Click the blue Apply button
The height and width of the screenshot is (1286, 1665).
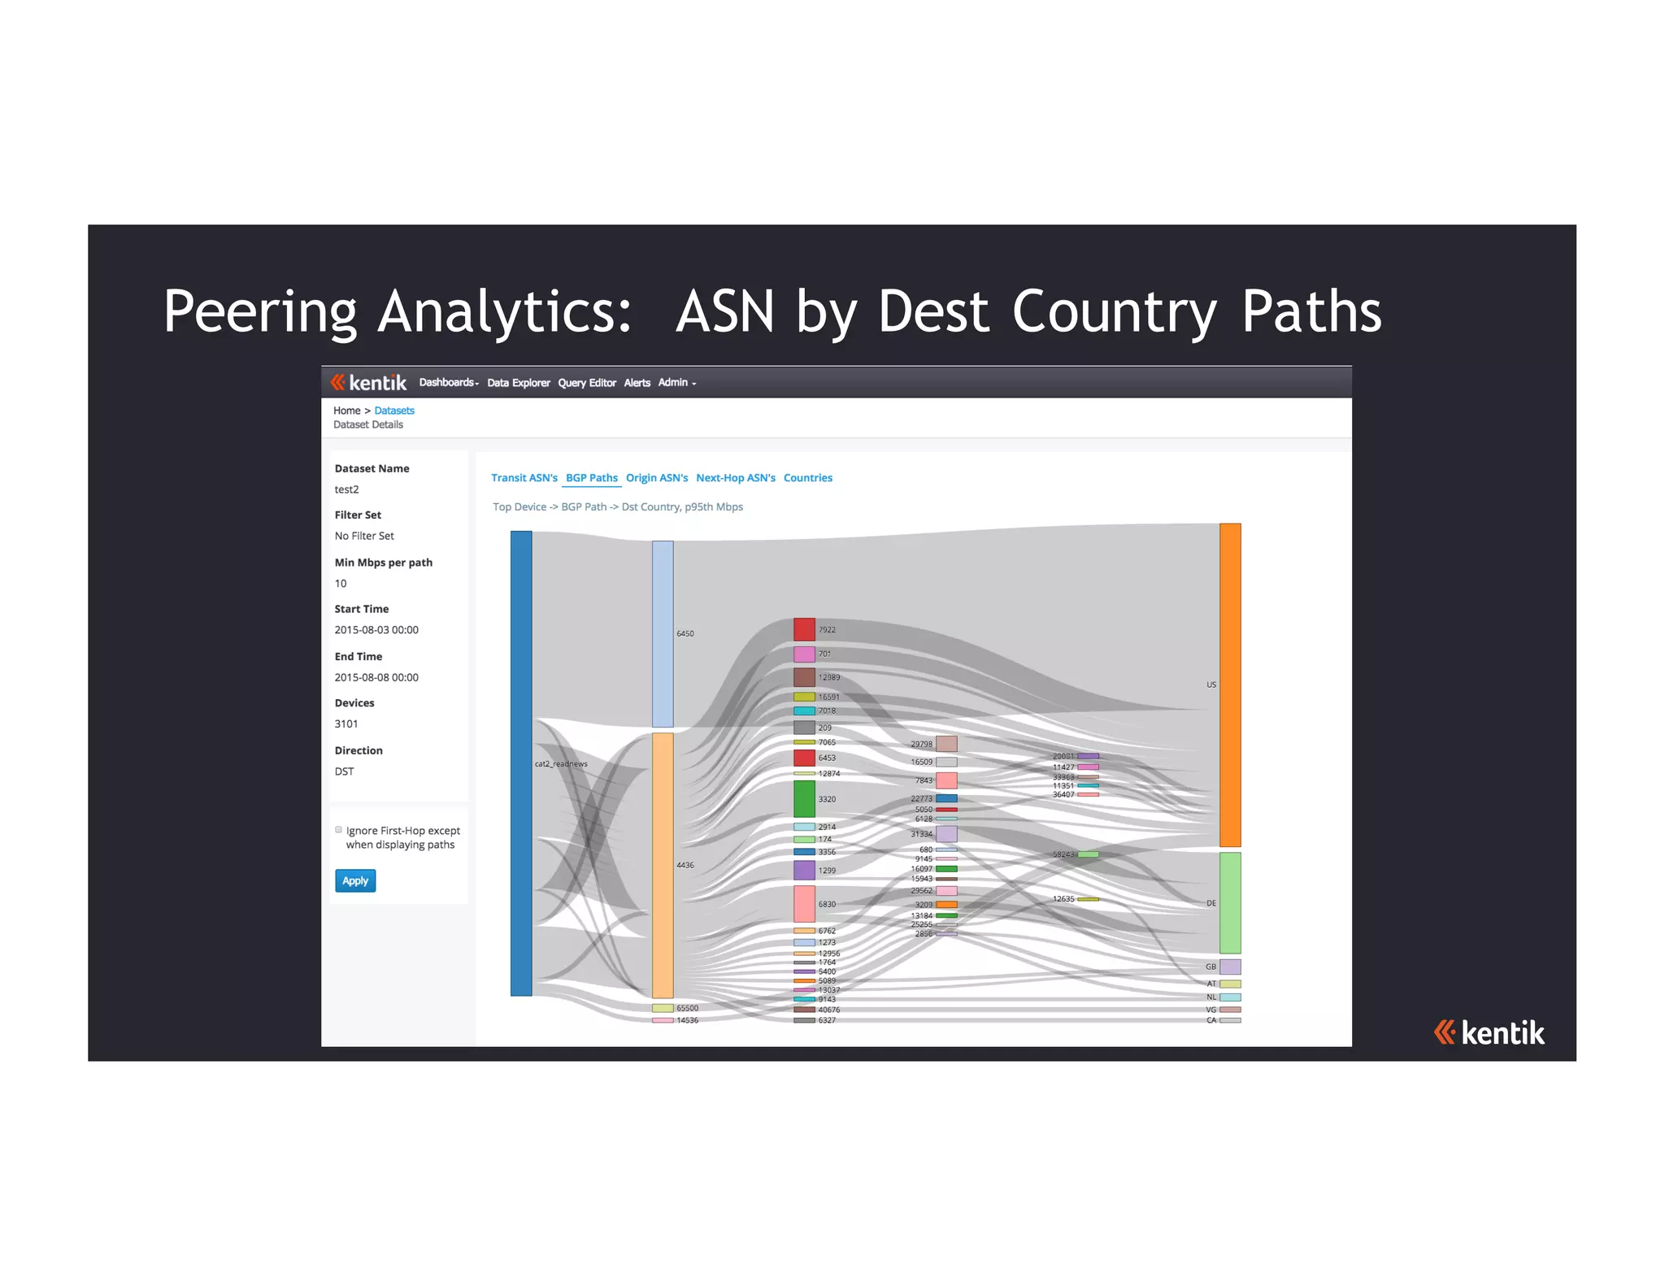pos(355,880)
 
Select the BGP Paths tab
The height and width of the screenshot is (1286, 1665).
pos(591,478)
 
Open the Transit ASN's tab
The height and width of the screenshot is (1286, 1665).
pos(524,478)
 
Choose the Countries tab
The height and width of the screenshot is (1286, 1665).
pos(807,478)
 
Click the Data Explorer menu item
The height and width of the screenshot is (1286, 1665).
pos(518,383)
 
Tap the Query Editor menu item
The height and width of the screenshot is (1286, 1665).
pos(586,383)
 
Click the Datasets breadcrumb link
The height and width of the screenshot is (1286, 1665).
pos(394,411)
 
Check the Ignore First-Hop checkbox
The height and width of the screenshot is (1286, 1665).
pos(339,830)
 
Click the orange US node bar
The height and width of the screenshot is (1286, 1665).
pos(1229,684)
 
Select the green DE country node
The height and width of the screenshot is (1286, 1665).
pos(1229,902)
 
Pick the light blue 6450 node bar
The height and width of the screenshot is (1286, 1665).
pos(663,633)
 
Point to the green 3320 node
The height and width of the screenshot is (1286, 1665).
pos(804,798)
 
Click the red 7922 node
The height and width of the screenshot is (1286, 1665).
pos(804,629)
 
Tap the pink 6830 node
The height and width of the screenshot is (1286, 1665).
pos(804,903)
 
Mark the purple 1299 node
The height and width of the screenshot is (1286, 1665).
pos(804,870)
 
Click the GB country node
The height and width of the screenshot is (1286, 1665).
pos(1229,967)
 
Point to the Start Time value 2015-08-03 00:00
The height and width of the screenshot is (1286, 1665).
pos(376,630)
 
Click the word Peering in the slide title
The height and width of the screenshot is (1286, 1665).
pos(260,312)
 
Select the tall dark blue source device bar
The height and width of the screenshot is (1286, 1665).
pos(521,762)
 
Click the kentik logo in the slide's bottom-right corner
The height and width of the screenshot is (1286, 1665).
pos(1489,1032)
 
